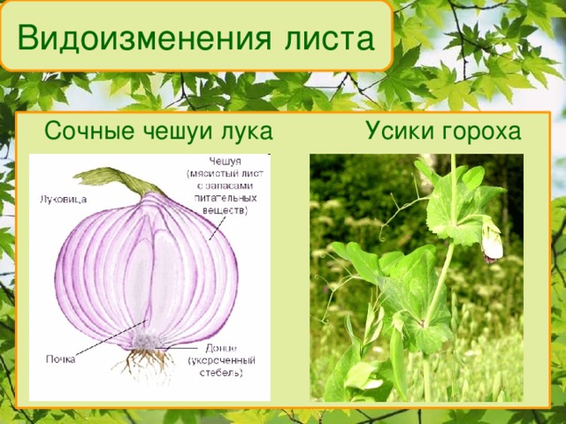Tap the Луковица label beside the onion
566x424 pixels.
click(64, 200)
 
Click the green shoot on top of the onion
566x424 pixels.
click(115, 178)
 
